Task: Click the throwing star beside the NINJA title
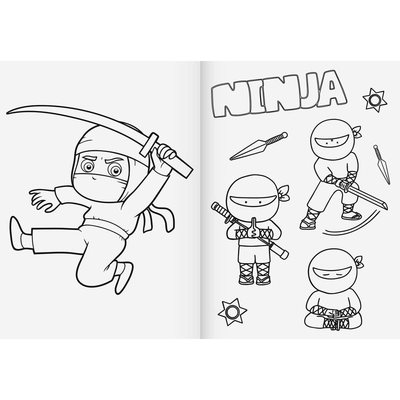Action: pos(374,100)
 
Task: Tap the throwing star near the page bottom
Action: pos(232,311)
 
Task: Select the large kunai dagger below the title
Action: pos(258,146)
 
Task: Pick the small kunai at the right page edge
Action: pos(381,164)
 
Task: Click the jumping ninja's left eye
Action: pos(88,166)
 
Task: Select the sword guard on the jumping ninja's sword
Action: pos(148,144)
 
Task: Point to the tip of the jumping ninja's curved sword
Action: pos(7,112)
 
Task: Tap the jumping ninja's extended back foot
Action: pos(16,233)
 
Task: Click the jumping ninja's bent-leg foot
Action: pos(124,277)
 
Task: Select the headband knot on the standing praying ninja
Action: pos(283,193)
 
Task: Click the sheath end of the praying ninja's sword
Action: pos(283,254)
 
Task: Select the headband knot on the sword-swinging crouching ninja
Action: pos(357,131)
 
